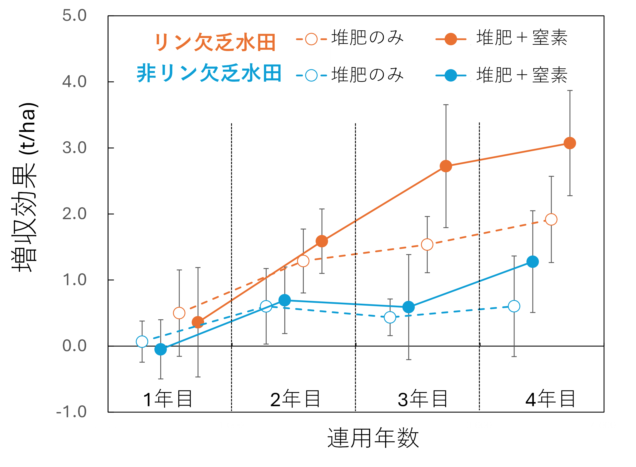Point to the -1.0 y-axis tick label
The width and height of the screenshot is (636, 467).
pyautogui.click(x=72, y=412)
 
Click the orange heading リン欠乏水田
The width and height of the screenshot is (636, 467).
pyautogui.click(x=215, y=42)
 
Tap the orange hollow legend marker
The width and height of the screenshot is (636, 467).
pyautogui.click(x=311, y=39)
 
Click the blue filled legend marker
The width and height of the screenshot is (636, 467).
pyautogui.click(x=451, y=75)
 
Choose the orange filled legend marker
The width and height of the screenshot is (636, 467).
pyautogui.click(x=451, y=39)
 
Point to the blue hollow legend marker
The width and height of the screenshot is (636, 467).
pyautogui.click(x=311, y=75)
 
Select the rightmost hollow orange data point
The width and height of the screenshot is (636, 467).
pyautogui.click(x=551, y=219)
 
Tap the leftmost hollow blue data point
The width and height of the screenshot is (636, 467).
pyautogui.click(x=142, y=341)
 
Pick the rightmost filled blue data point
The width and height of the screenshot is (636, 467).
pyautogui.click(x=533, y=262)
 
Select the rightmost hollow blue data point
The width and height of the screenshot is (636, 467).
pyautogui.click(x=514, y=306)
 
